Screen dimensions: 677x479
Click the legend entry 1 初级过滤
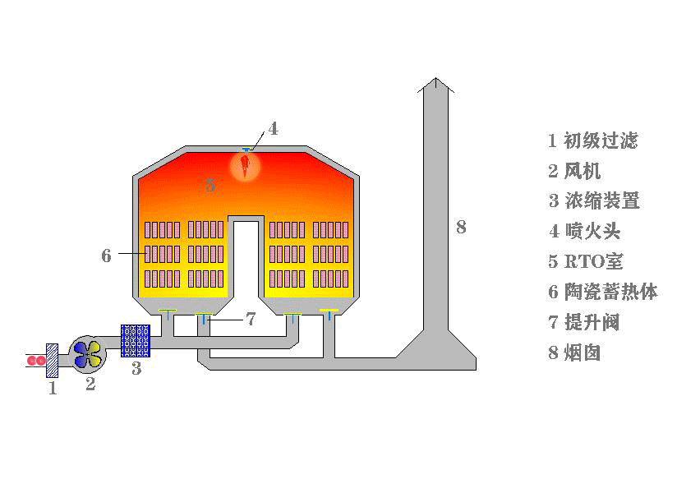(x=593, y=140)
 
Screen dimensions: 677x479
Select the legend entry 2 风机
(x=574, y=171)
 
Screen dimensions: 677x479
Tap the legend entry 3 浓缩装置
(x=594, y=200)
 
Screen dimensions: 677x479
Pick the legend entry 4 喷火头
(x=585, y=231)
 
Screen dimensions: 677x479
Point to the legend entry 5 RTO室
(x=586, y=261)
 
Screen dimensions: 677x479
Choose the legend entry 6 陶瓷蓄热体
(x=603, y=292)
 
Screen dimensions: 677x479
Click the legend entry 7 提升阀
(x=584, y=322)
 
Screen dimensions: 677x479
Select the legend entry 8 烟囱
(x=574, y=352)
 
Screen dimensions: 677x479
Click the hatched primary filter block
(x=53, y=361)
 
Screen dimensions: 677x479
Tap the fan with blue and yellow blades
(x=88, y=354)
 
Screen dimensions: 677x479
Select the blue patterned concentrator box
(x=136, y=341)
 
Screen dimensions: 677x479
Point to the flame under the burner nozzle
(x=245, y=165)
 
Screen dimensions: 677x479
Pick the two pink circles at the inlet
(x=36, y=360)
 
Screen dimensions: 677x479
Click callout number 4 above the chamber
(x=274, y=129)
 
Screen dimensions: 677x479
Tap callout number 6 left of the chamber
(x=106, y=256)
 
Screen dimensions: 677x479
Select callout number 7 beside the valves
(x=251, y=319)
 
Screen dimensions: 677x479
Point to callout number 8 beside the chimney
(x=461, y=227)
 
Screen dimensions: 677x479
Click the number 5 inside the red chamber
(x=210, y=185)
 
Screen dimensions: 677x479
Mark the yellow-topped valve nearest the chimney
(x=329, y=315)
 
